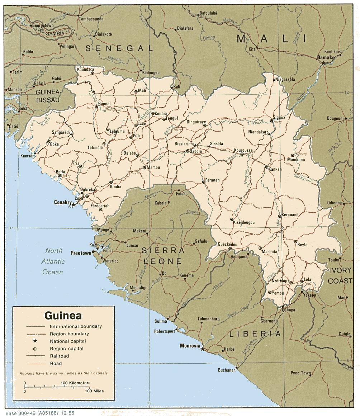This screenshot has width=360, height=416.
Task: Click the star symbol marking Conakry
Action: pos(74,205)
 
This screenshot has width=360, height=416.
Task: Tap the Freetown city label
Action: pos(81,252)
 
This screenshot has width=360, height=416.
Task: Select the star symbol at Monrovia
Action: pos(203,349)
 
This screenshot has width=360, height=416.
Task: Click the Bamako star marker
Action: pos(323,63)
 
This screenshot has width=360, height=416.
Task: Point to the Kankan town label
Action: pos(275,170)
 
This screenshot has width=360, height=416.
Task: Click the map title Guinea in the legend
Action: pos(63,316)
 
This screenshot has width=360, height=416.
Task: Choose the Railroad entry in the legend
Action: pos(60,356)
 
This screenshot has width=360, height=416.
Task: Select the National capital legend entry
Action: pos(68,341)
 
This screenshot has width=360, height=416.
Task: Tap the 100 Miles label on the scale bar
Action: pos(94,391)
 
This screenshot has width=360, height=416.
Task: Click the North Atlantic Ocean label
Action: pos(53,261)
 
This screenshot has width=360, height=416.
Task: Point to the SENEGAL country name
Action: pos(119,48)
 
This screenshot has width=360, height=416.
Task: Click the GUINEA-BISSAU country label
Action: pos(47,96)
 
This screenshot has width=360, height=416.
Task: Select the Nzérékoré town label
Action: pos(280,281)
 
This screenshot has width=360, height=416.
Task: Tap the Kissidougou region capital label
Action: pos(244,222)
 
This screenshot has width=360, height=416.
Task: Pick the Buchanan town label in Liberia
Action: pos(227,370)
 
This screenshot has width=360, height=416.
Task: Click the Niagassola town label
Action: pos(285,79)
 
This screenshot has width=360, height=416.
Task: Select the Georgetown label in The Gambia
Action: pos(43,26)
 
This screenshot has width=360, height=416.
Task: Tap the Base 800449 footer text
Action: pos(39,413)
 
